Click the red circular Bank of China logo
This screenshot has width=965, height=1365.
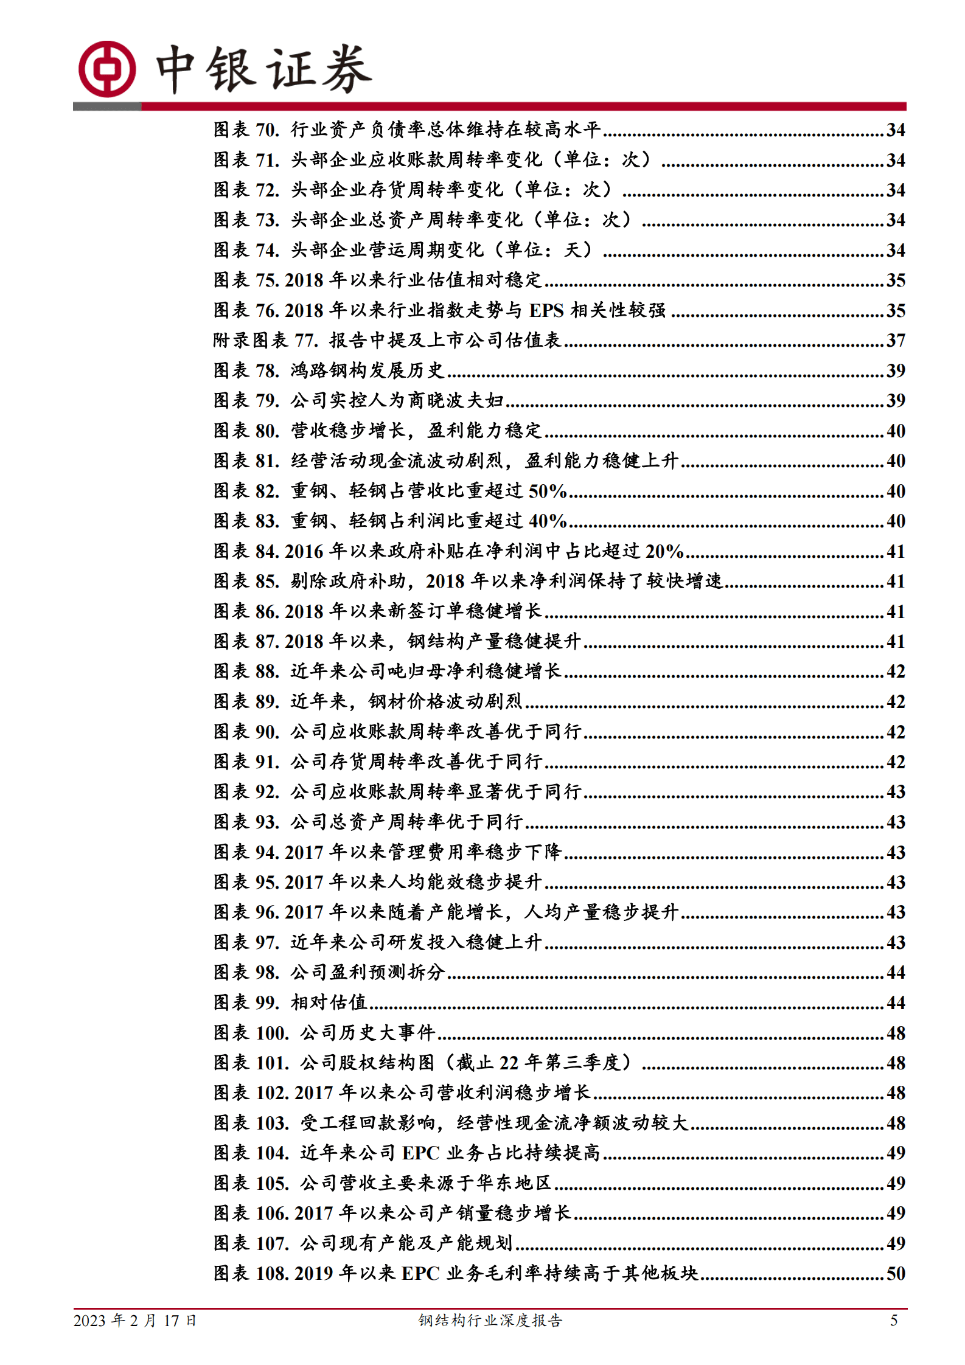click(107, 69)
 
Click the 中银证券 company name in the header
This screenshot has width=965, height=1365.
click(263, 69)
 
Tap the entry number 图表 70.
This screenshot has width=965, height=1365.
click(246, 130)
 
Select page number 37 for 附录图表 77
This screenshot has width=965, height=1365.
click(895, 341)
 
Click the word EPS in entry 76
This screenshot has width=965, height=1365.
click(546, 310)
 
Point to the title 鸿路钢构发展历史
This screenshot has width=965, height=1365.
click(367, 370)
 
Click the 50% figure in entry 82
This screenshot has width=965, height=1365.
click(548, 491)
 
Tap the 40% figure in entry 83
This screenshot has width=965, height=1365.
click(548, 521)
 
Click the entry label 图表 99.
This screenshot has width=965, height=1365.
click(246, 1002)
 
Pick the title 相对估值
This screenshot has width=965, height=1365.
click(329, 1002)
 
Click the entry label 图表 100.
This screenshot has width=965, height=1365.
click(251, 1033)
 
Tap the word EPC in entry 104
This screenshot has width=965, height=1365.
click(420, 1153)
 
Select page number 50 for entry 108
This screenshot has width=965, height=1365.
click(895, 1274)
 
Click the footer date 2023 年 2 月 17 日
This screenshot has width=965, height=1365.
click(134, 1321)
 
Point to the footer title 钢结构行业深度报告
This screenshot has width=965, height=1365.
click(490, 1321)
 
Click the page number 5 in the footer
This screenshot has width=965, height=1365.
click(894, 1321)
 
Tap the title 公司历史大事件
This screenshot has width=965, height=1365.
click(368, 1033)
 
